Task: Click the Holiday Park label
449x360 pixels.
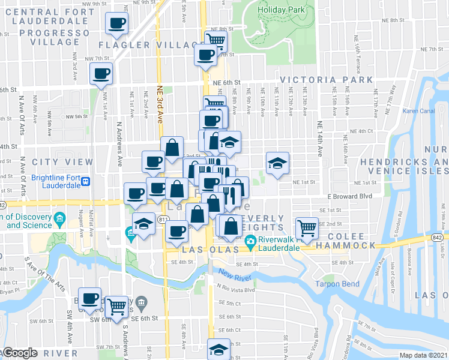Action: pyautogui.click(x=278, y=10)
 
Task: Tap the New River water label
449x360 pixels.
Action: pyautogui.click(x=233, y=275)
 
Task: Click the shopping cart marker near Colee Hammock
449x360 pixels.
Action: pyautogui.click(x=307, y=227)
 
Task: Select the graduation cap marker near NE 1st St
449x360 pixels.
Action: pyautogui.click(x=277, y=163)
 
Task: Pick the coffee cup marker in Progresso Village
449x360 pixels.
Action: pyautogui.click(x=116, y=24)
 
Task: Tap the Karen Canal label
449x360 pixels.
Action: pyautogui.click(x=418, y=111)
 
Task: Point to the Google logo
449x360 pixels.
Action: pyautogui.click(x=19, y=353)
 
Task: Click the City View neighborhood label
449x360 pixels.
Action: pyautogui.click(x=62, y=162)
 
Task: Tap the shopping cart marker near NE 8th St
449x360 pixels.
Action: pyautogui.click(x=215, y=40)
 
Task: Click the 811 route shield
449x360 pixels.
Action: pyautogui.click(x=163, y=221)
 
